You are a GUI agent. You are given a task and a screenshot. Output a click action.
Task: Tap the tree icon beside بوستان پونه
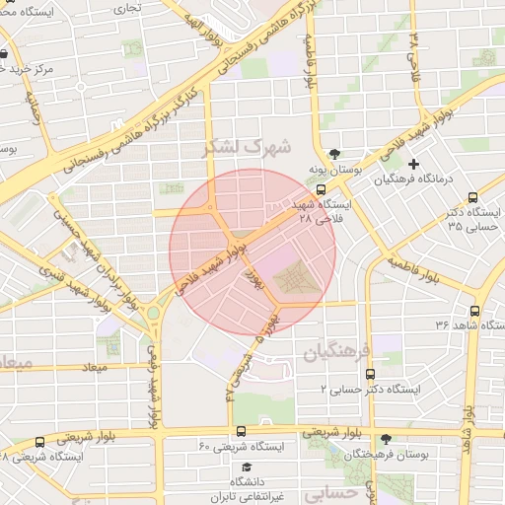335,154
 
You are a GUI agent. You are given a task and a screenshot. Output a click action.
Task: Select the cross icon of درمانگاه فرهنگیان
413,163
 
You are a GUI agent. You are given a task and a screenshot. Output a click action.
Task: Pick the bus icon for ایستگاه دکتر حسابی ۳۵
472,197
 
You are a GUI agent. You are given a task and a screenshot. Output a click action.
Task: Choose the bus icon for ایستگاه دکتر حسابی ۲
370,375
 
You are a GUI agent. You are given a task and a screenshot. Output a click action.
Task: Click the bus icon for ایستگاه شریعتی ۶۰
241,430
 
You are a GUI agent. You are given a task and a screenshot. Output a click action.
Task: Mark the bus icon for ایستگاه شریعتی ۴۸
39,442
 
